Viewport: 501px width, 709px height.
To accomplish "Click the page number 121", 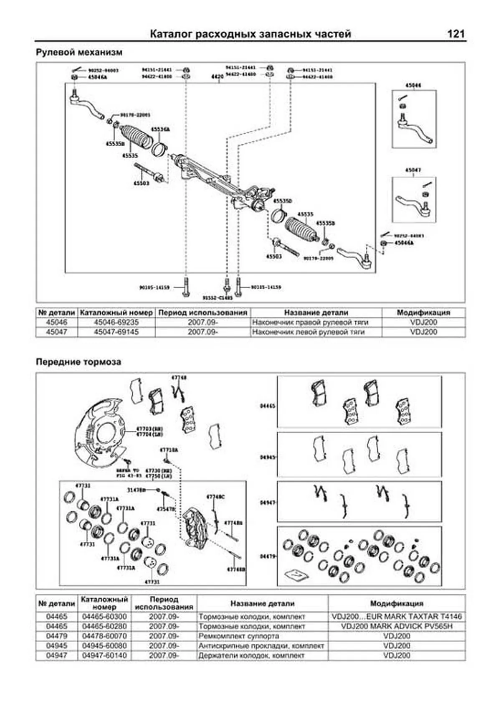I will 455,34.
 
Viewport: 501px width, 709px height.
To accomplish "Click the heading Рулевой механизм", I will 79,53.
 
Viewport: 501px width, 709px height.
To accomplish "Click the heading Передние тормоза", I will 78,362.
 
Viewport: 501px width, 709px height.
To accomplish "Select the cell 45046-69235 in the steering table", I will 116,323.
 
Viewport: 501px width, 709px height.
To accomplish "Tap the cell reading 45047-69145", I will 116,332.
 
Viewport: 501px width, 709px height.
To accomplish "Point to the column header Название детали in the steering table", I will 316,313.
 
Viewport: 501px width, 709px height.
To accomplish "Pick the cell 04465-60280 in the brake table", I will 104,626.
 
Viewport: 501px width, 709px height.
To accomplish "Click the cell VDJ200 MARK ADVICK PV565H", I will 397,626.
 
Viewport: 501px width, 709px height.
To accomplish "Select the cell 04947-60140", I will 104,656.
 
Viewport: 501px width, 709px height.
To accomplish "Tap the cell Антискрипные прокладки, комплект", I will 261,646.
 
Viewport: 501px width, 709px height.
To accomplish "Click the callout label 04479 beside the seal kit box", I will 267,557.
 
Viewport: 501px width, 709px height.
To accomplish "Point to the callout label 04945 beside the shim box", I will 267,457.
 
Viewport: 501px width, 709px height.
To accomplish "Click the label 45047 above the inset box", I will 413,170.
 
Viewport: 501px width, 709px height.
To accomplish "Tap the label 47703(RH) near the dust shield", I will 149,429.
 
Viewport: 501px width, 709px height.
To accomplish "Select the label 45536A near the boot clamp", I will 160,130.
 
